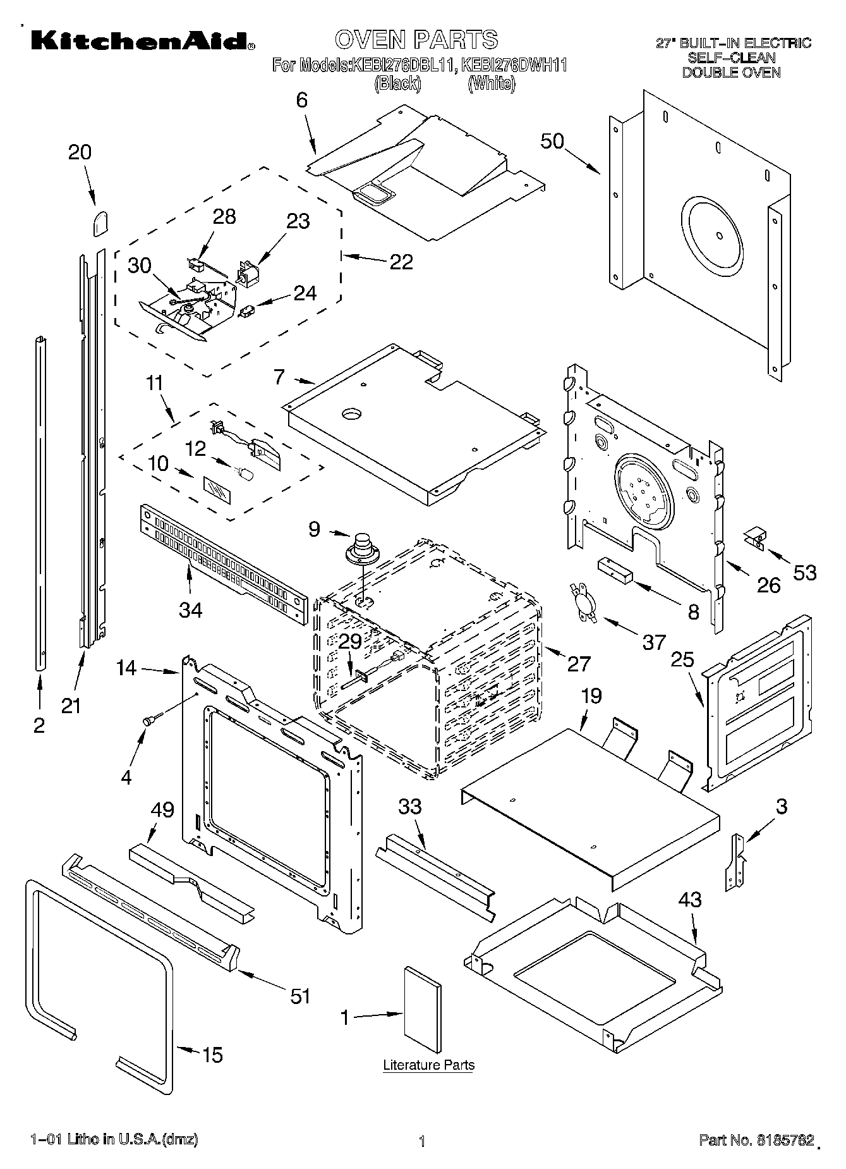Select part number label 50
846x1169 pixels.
[552, 140]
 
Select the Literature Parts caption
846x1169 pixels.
[428, 1065]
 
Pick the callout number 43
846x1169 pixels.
[689, 900]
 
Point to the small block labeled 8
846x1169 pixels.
[615, 568]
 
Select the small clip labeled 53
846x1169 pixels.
[754, 537]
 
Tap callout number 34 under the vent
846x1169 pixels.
[190, 609]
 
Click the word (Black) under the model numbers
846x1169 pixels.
[397, 83]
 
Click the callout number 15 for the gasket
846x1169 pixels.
[212, 1055]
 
